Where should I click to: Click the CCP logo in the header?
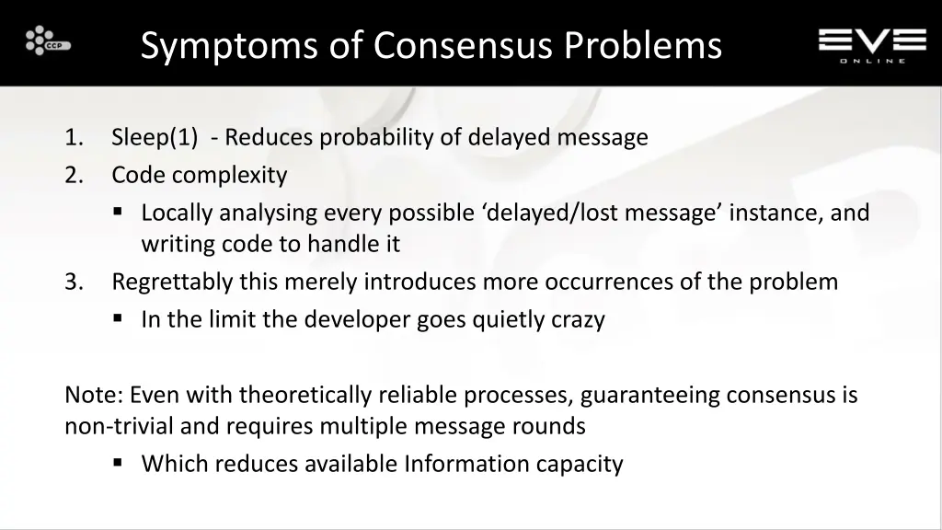[x=48, y=42]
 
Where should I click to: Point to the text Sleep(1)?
[x=155, y=138]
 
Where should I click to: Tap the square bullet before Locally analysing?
[x=119, y=213]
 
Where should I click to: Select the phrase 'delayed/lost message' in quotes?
[x=603, y=213]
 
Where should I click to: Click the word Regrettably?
[x=172, y=282]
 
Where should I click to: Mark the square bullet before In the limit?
[x=119, y=319]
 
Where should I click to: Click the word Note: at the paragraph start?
[x=94, y=396]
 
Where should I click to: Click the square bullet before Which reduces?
[x=119, y=463]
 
